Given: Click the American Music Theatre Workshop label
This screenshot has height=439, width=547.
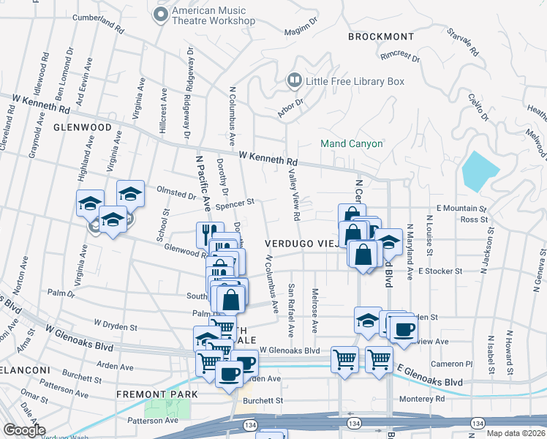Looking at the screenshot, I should [x=213, y=16].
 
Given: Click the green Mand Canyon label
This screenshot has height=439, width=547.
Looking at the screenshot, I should [x=352, y=143].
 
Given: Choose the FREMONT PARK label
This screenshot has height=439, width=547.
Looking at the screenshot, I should [x=156, y=394].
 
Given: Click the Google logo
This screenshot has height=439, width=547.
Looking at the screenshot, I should [x=24, y=429].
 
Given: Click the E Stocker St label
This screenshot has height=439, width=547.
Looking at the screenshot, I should [x=441, y=271].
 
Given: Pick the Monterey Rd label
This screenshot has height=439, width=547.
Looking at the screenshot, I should [x=423, y=399].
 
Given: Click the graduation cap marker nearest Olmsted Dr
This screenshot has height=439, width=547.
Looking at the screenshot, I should [x=130, y=193].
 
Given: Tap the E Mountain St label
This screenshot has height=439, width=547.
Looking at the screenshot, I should [x=461, y=209].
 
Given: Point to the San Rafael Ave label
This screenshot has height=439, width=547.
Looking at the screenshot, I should [x=291, y=309].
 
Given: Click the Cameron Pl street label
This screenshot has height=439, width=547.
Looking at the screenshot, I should [x=448, y=364].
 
